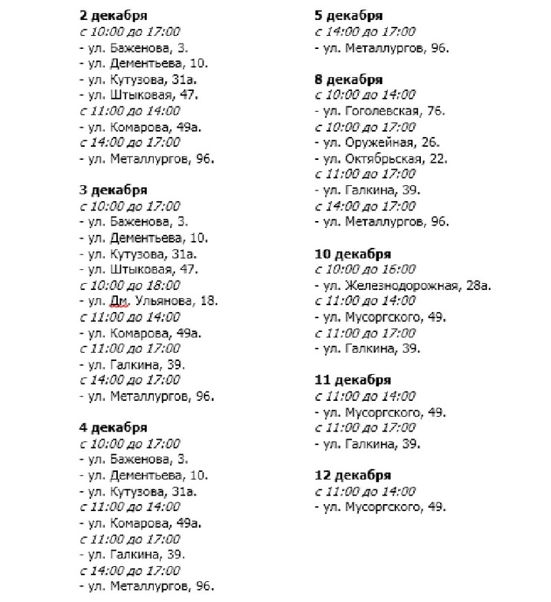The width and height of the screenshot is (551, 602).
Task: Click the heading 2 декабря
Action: point(113,15)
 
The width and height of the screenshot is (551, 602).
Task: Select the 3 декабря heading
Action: point(113,190)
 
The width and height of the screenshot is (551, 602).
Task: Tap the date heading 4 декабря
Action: point(113,428)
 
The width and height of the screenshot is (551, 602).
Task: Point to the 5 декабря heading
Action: point(349,15)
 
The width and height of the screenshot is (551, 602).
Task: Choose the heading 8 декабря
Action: point(349,79)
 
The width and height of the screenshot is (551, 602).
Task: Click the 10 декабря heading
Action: point(353,254)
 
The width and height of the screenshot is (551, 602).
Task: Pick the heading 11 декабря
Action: point(353,380)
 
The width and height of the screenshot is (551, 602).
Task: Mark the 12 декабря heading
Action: point(353,475)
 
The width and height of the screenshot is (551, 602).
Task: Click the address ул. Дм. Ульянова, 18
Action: point(148,301)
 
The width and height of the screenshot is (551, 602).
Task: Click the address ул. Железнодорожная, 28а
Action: point(403,285)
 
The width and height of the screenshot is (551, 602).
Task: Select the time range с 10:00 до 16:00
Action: point(365,269)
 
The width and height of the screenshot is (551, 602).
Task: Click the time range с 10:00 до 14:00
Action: point(365,95)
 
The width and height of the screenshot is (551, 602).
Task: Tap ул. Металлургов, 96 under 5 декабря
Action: point(382,47)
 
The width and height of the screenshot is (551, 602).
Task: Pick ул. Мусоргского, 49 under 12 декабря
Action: point(380,507)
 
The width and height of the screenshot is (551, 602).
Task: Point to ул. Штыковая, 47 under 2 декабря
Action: point(139,95)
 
